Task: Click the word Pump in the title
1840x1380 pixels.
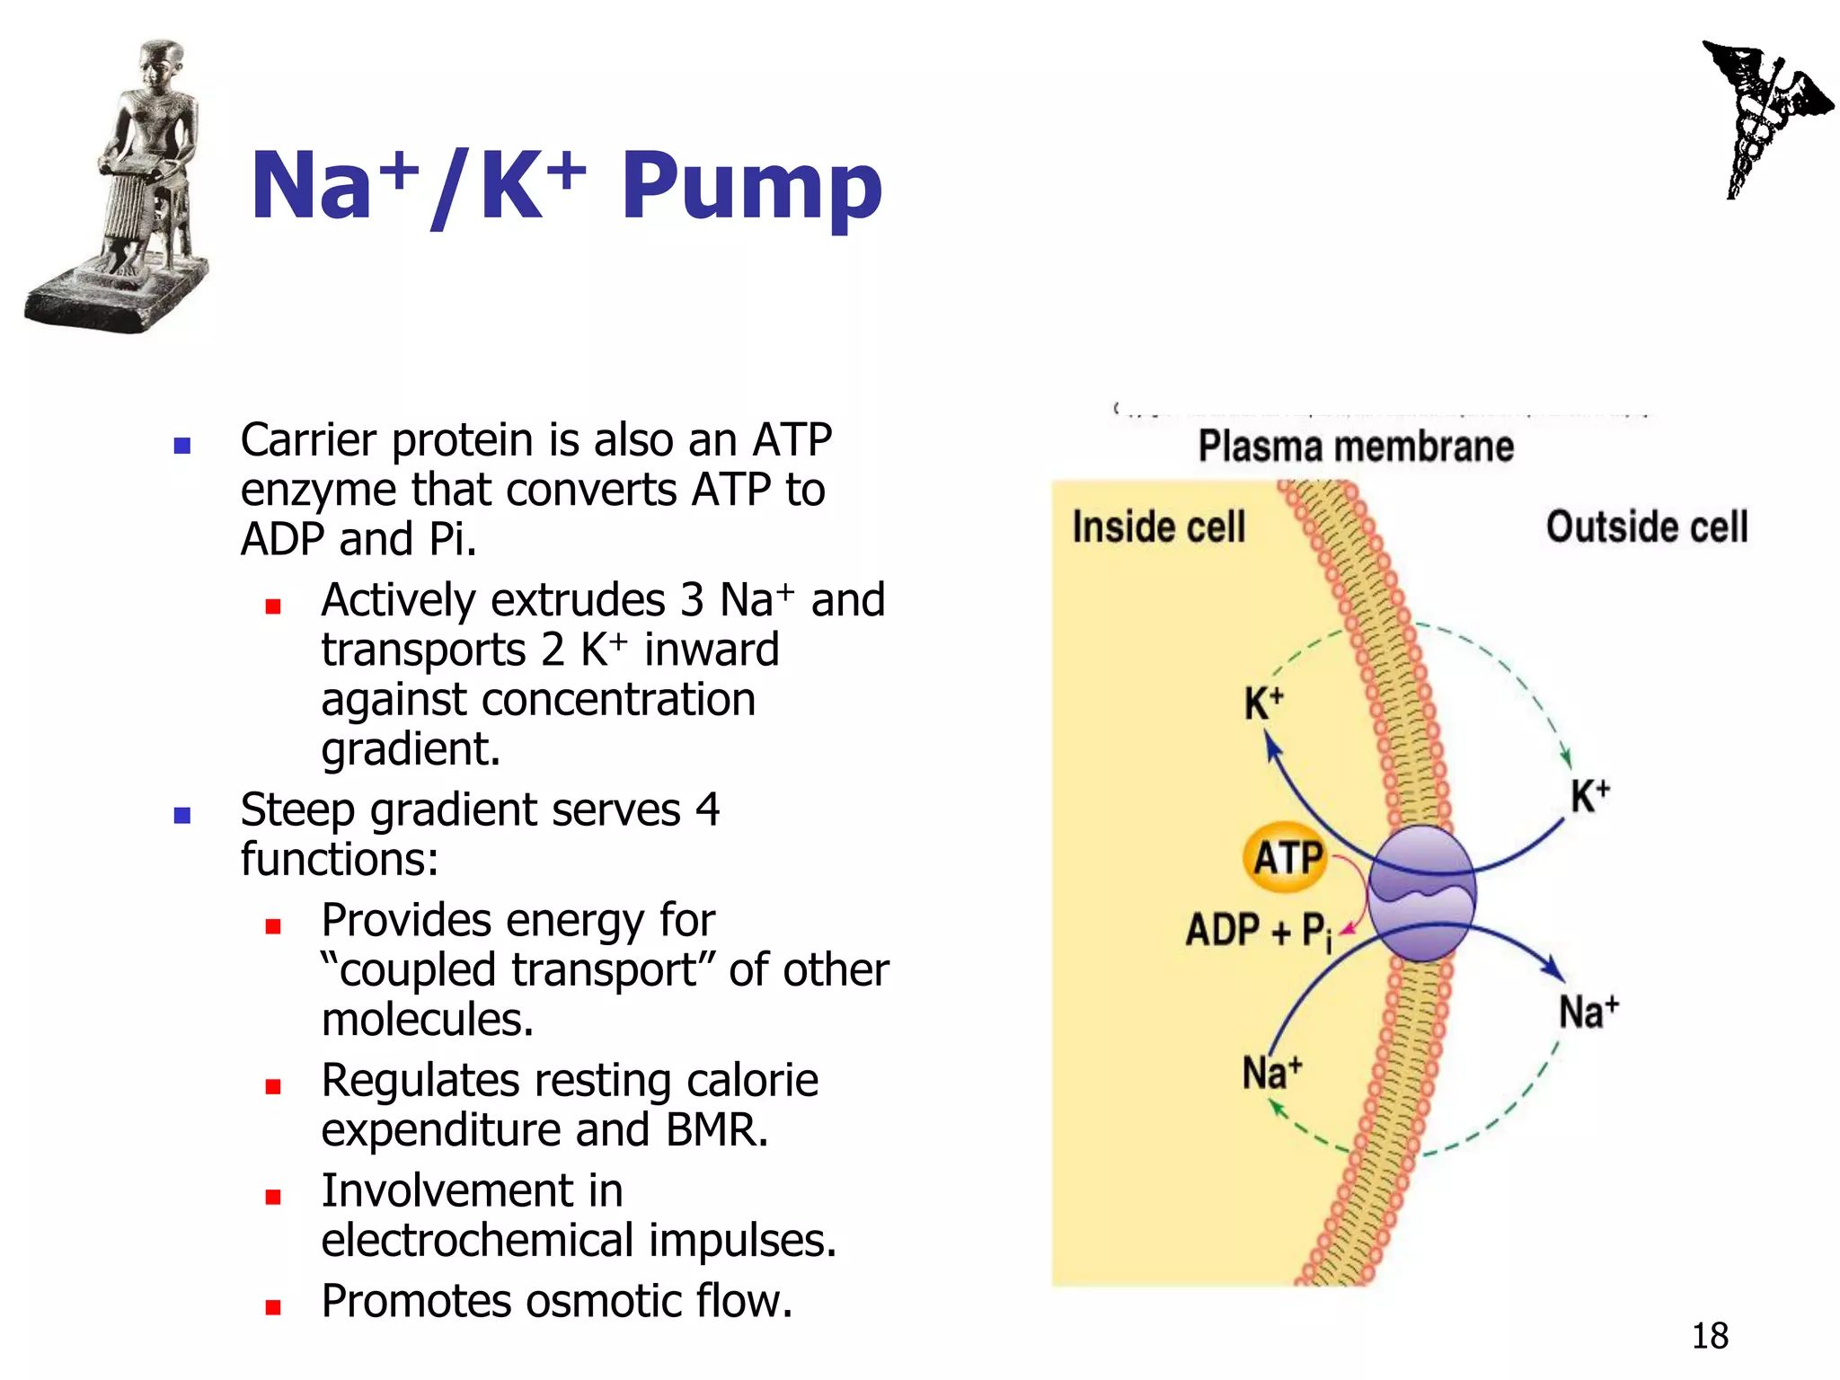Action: click(751, 187)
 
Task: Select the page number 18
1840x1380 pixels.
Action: click(1710, 1336)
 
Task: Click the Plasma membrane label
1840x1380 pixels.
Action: click(1356, 447)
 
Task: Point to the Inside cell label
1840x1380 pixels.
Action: click(1159, 526)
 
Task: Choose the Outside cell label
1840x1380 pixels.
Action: click(1647, 526)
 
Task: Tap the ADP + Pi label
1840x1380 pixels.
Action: click(1258, 931)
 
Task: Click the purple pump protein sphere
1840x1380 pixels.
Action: click(1421, 893)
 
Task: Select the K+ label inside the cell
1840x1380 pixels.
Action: click(1263, 703)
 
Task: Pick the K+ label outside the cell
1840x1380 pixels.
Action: click(1589, 796)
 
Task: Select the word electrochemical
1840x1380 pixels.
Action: click(478, 1241)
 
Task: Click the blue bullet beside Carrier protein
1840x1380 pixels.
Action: click(182, 446)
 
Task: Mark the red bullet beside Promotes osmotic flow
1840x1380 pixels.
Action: click(273, 1307)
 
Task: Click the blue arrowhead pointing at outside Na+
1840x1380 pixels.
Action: click(1553, 969)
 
